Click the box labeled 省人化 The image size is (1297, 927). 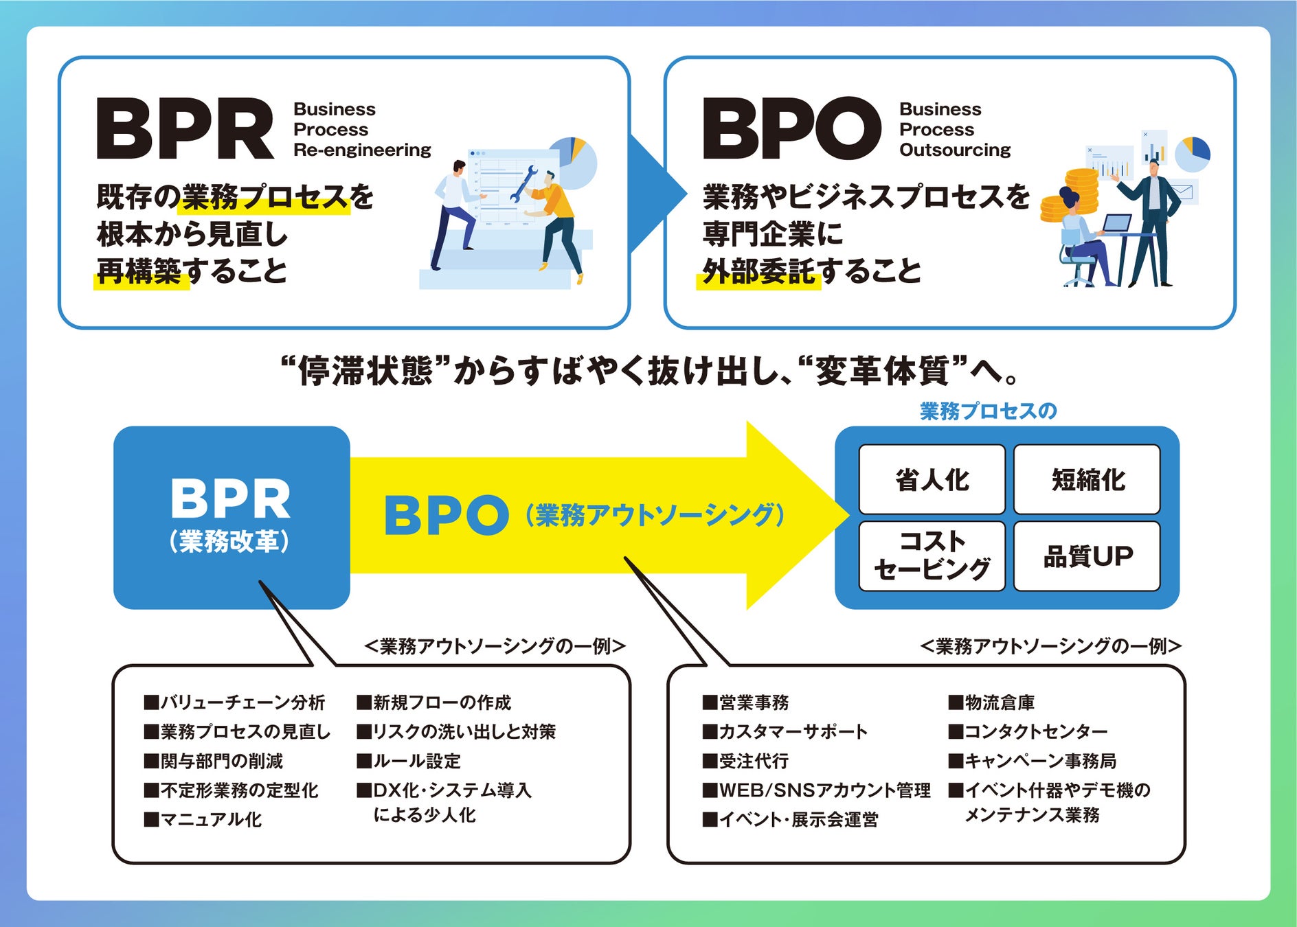[932, 479]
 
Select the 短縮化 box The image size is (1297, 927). [1087, 479]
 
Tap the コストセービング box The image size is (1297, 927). [932, 556]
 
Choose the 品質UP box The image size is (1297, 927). [1087, 556]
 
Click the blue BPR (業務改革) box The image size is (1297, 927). [231, 516]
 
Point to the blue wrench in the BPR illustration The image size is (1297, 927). [523, 183]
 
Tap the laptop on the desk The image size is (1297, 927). [1116, 223]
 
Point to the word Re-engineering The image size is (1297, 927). [362, 150]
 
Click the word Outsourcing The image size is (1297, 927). [955, 150]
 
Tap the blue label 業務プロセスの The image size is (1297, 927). [988, 411]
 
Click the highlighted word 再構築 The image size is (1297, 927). [139, 271]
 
